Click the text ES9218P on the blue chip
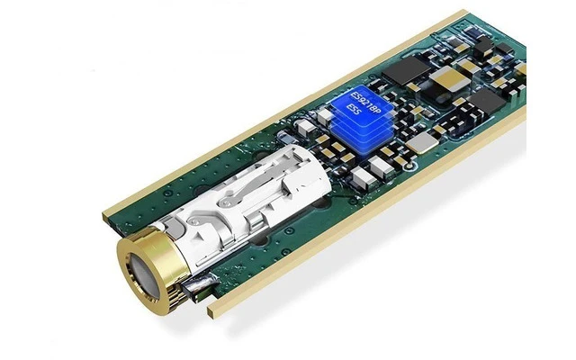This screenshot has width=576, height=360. [365, 103]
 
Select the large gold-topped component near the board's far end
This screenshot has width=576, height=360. [449, 78]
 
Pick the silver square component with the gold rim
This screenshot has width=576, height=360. [422, 142]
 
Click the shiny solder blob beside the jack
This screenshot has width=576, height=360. [202, 283]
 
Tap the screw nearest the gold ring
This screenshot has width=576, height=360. [193, 221]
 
